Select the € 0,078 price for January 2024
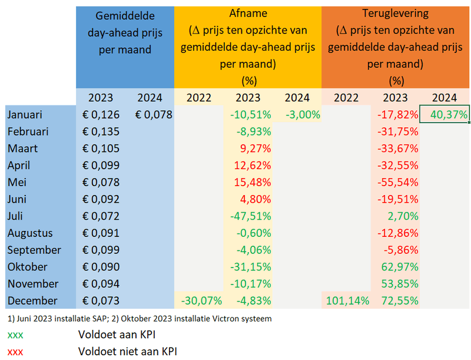click(x=154, y=115)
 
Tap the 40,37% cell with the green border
click(x=445, y=114)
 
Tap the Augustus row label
click(x=31, y=233)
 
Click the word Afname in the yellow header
click(x=247, y=13)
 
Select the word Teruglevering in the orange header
click(x=396, y=13)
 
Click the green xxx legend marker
click(x=15, y=335)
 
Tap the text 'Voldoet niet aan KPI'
click(x=127, y=352)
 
